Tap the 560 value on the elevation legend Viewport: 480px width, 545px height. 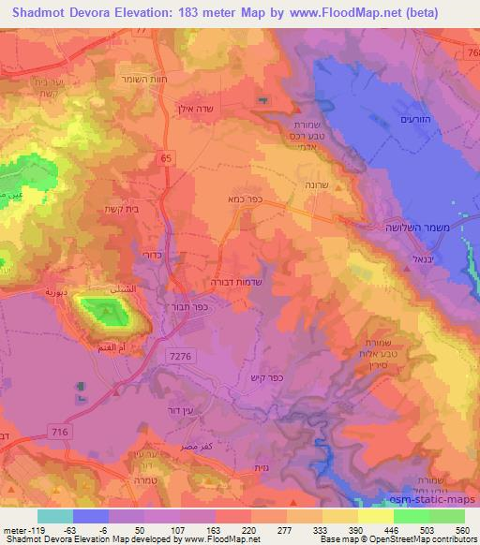tap(460, 528)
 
